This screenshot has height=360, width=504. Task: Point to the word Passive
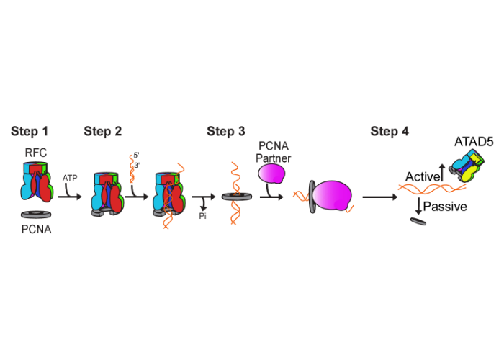pyautogui.click(x=446, y=207)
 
